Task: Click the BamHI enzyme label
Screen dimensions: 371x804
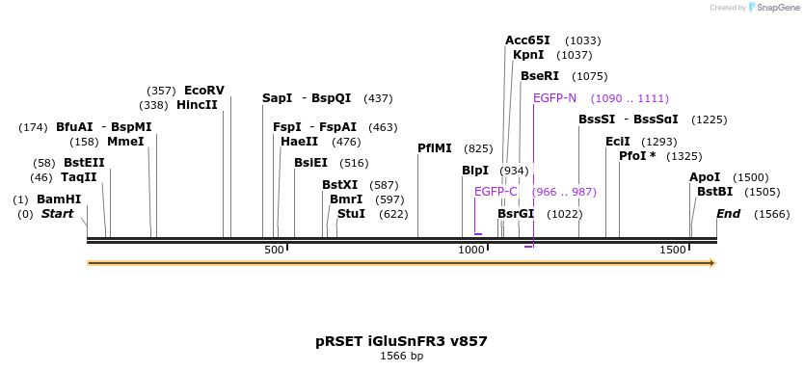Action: coord(59,199)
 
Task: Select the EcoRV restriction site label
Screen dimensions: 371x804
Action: coord(203,91)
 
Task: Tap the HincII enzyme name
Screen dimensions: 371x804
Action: coord(197,105)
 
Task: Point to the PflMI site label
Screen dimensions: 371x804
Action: coord(434,148)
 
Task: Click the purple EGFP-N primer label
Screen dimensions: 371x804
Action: coord(554,98)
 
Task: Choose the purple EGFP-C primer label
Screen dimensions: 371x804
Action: coord(496,192)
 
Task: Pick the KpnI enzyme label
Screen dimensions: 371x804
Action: coord(528,55)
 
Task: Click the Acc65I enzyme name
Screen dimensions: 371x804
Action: coord(527,40)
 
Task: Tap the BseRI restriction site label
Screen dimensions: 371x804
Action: coord(540,76)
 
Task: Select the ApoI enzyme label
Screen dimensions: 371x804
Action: coord(705,177)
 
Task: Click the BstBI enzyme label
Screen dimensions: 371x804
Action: coord(714,192)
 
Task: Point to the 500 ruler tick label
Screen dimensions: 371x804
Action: coord(275,251)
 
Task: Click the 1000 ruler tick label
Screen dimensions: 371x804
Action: coord(471,251)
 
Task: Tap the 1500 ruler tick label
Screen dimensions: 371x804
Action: coord(673,251)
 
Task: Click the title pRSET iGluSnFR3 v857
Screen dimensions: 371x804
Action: coord(401,341)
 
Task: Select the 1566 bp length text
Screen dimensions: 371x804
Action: coord(401,357)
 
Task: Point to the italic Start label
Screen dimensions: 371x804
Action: coord(57,214)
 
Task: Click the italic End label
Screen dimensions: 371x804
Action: coord(728,214)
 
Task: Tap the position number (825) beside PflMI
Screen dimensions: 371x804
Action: coord(478,148)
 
